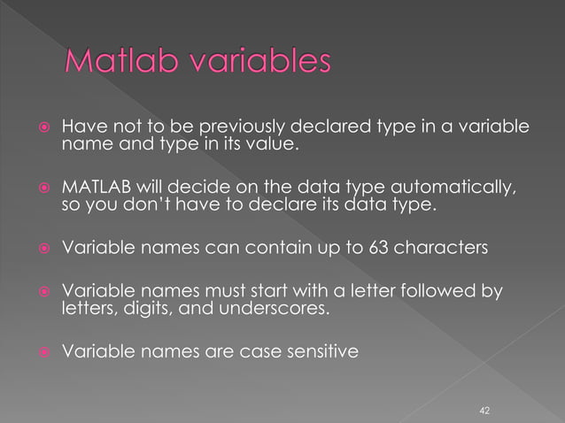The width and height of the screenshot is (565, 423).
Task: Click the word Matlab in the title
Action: [x=117, y=65]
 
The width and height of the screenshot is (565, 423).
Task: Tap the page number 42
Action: [x=484, y=411]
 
